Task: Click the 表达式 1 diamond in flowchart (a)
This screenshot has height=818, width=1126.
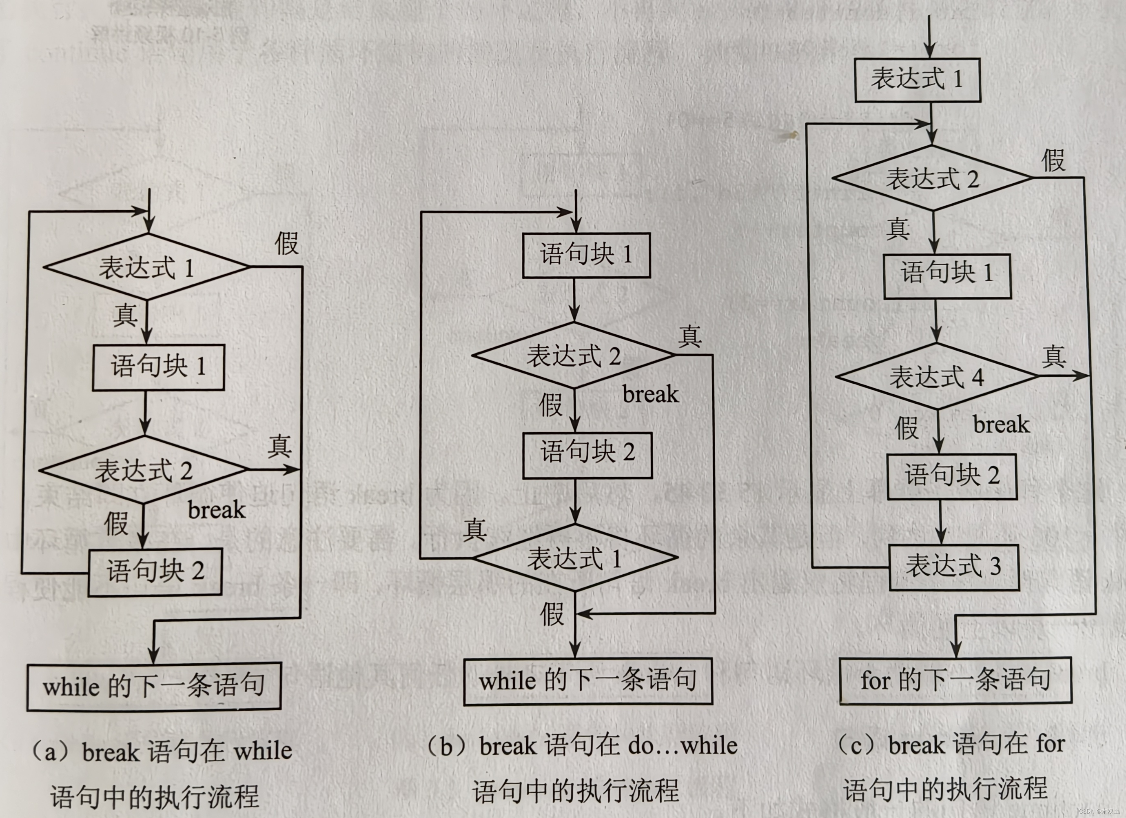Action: tap(146, 267)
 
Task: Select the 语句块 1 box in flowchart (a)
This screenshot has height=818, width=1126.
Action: tap(158, 367)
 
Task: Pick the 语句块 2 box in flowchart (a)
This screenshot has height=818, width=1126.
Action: tap(155, 571)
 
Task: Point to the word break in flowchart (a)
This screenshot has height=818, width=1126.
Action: tap(217, 510)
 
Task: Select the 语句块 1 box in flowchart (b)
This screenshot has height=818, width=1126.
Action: tap(586, 255)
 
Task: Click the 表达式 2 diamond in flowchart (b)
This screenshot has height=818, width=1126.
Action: tap(574, 356)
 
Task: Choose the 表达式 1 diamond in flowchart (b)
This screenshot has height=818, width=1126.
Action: tap(575, 558)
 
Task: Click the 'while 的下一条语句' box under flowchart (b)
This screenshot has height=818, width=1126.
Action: tap(588, 680)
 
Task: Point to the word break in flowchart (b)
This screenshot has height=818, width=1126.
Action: tap(650, 395)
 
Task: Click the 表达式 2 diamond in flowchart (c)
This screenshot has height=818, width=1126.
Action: tap(932, 178)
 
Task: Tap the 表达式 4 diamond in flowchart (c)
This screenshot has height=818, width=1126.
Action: tap(936, 376)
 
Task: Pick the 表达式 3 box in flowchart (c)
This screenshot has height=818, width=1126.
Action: tap(953, 567)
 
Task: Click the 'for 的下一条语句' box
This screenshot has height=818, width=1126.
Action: tap(955, 680)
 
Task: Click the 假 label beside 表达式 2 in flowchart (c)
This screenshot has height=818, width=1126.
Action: tap(1053, 160)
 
